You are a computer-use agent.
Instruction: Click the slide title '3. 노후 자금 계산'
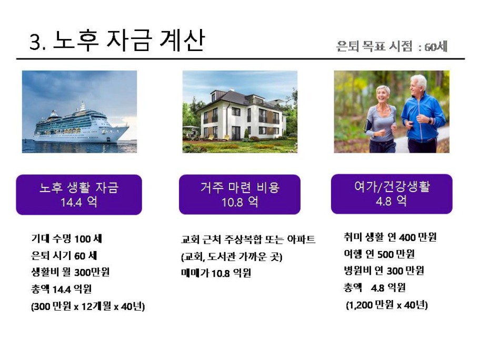coord(117,41)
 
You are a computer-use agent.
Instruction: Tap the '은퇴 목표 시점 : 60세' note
coord(392,46)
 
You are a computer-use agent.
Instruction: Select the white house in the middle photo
coord(243,115)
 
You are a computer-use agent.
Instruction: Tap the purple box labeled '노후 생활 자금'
coord(79,195)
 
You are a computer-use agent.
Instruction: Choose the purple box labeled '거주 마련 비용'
coord(239,194)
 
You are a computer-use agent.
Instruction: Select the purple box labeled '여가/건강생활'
coord(392,194)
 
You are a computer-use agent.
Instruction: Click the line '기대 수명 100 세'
coord(66,239)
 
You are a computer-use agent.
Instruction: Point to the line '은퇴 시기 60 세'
coord(64,255)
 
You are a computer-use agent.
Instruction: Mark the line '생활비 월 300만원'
coord(71,272)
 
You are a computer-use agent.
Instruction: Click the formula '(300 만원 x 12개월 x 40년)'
coord(88,306)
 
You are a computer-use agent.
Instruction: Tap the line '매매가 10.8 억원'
coord(216,273)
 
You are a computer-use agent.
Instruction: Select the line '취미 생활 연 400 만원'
coord(390,237)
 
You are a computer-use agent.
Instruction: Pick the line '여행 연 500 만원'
coord(379,254)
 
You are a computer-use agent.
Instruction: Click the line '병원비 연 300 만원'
coord(384,271)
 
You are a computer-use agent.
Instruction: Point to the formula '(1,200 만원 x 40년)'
coord(387,305)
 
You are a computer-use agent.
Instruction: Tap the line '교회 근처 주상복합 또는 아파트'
coord(248,239)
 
